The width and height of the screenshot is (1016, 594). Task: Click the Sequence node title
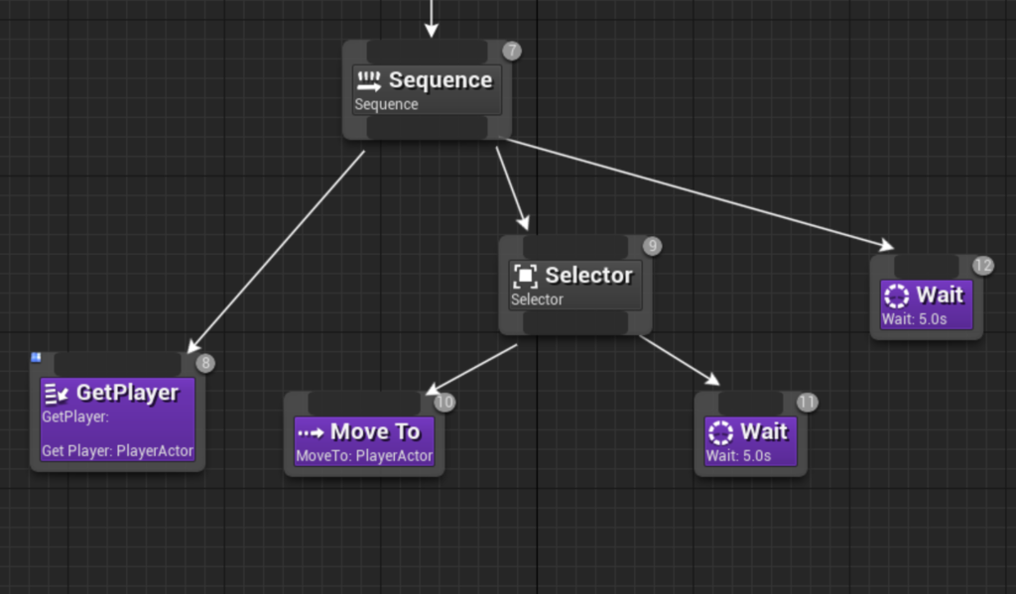441,80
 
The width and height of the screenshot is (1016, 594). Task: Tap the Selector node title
589,276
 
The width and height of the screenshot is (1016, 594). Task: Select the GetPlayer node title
127,393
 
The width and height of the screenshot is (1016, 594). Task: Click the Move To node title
375,431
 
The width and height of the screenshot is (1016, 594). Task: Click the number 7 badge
512,51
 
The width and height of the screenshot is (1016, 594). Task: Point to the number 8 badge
205,363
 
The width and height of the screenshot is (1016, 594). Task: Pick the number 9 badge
653,246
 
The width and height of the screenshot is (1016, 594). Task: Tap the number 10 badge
444,403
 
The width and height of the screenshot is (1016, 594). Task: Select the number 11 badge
807,403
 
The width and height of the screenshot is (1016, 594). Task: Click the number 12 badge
983,266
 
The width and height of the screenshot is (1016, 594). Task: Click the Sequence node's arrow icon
369,81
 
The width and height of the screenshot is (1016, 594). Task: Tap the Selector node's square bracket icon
525,276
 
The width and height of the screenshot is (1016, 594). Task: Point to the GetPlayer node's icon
57,394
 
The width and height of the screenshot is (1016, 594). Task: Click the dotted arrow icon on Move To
311,432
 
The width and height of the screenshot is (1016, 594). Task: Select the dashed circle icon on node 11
720,432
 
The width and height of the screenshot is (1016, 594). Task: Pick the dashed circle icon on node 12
897,297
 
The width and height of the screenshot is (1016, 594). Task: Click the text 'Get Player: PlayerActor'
117,451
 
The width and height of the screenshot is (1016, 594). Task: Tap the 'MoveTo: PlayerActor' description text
364,456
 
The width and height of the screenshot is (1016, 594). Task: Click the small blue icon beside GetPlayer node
37,357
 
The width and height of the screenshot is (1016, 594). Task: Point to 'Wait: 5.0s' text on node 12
914,319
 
